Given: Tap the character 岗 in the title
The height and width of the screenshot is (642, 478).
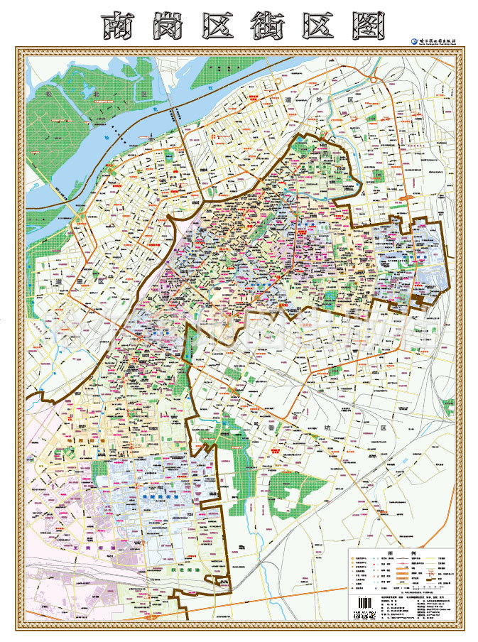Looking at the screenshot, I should click(x=171, y=26).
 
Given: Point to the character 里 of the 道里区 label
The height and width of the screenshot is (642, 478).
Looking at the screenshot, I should click(x=84, y=281).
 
